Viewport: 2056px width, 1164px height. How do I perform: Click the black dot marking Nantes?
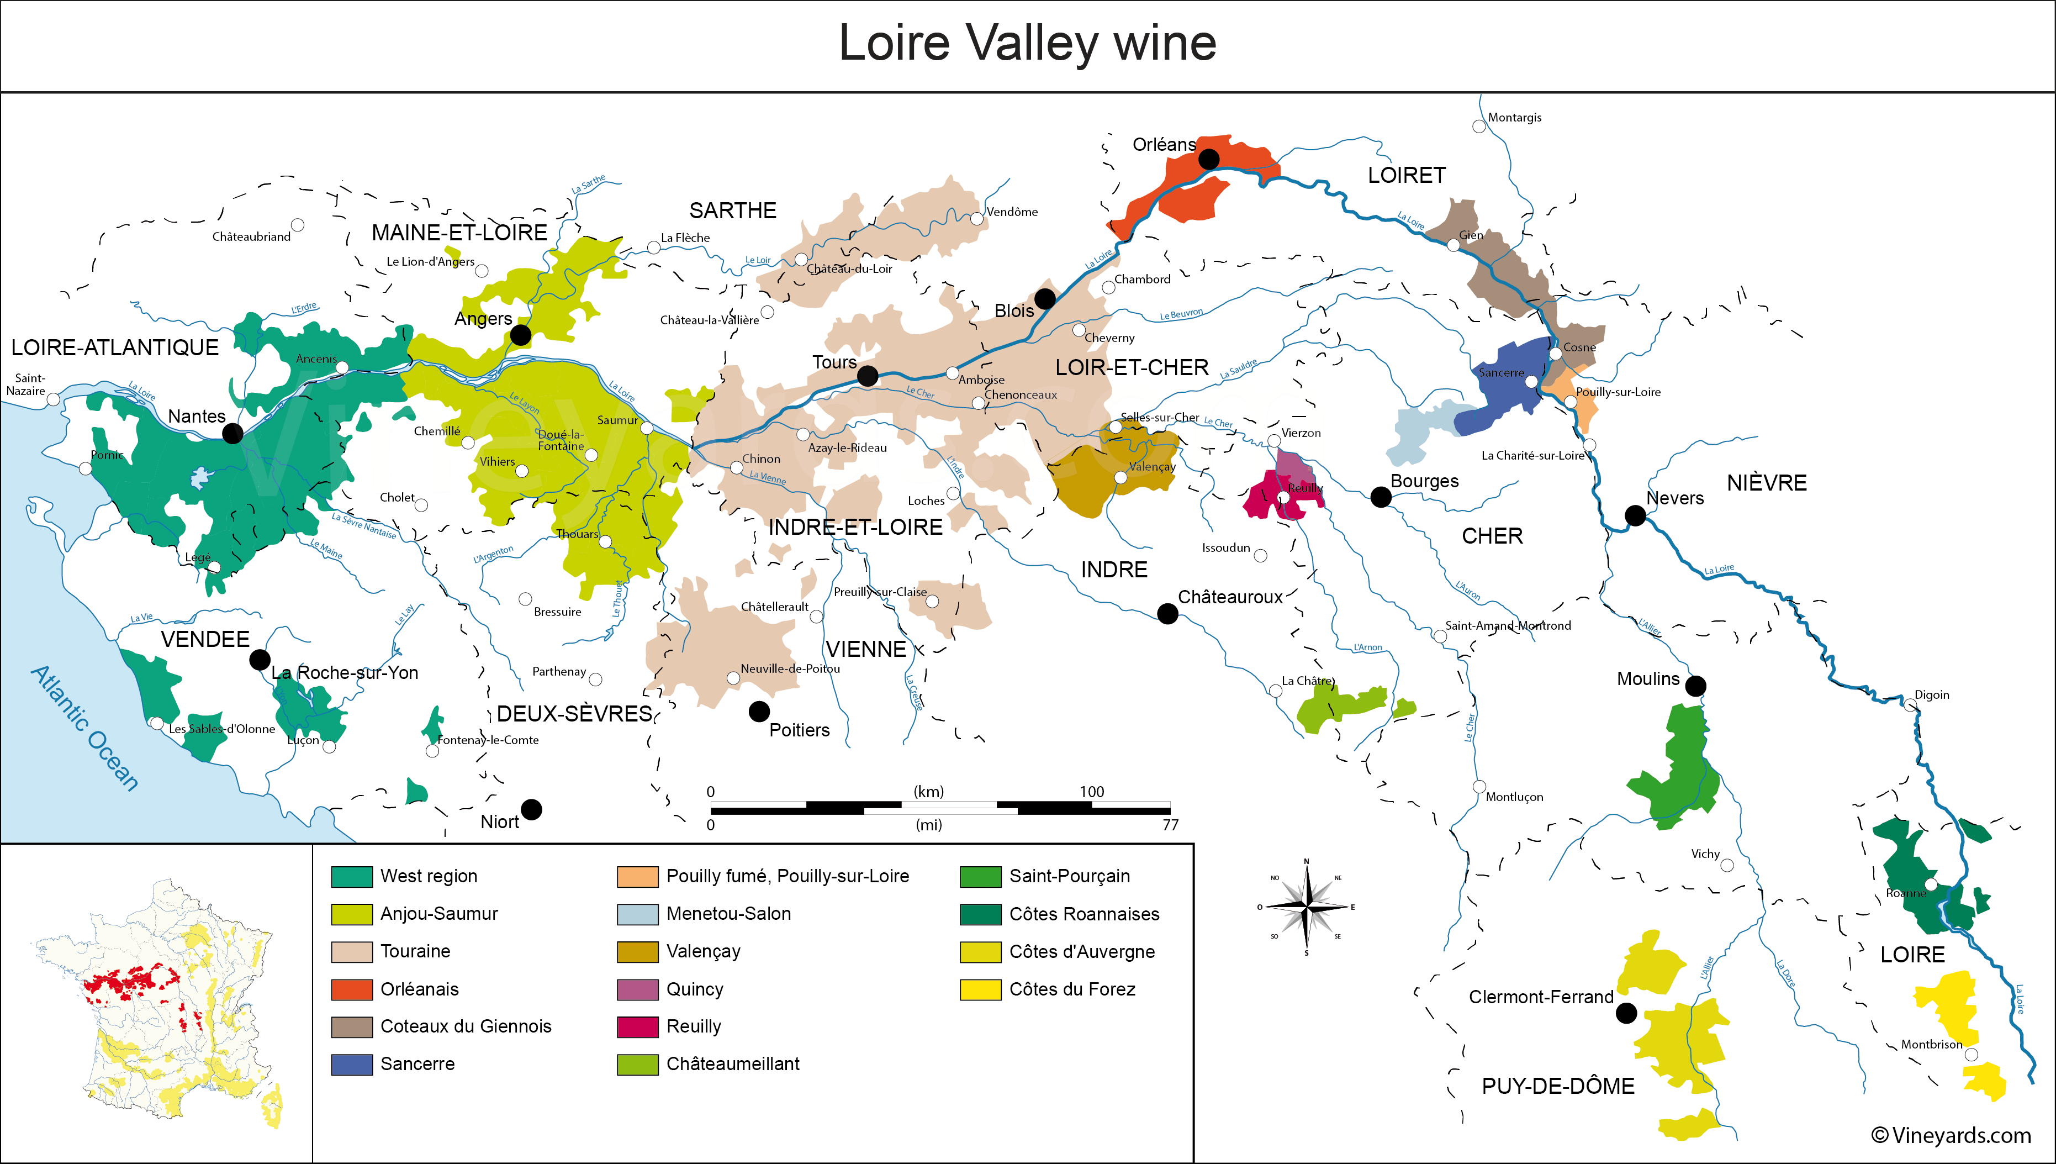tap(232, 433)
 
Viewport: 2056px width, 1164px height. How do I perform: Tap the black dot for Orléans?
tap(1209, 159)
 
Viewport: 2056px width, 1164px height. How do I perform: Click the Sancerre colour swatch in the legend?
tap(352, 1064)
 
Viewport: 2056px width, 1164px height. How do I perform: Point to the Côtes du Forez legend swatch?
tap(980, 990)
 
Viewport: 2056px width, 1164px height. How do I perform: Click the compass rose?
tap(1307, 907)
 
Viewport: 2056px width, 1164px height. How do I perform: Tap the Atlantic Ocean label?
tap(84, 728)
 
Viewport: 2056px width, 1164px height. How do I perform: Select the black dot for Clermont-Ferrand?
tap(1626, 1013)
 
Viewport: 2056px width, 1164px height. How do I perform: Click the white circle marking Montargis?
tap(1479, 127)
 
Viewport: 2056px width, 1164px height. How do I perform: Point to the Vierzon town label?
tap(1301, 433)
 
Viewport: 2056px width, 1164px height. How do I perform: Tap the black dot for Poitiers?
tap(759, 710)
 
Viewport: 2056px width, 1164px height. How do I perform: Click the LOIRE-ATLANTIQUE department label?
tap(114, 347)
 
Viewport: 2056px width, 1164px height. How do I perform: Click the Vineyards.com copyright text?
tap(1951, 1135)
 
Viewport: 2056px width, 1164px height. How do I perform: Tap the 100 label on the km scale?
tap(1092, 792)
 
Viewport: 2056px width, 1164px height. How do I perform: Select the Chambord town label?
tap(1142, 279)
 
